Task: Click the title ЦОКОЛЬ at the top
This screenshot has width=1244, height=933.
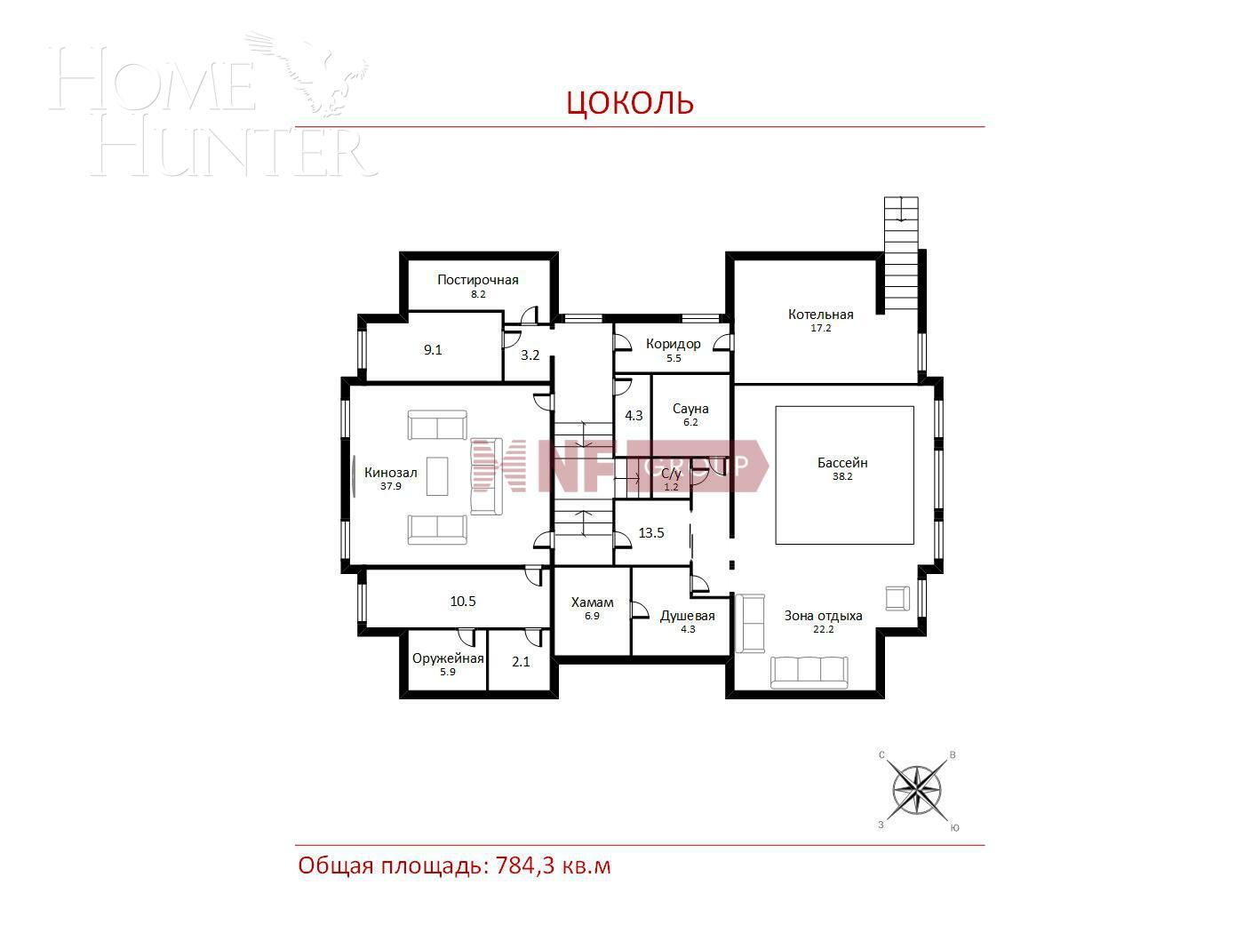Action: pyautogui.click(x=630, y=102)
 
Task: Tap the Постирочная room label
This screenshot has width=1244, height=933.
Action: pyautogui.click(x=477, y=280)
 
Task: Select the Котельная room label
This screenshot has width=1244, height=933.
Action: pyautogui.click(x=820, y=315)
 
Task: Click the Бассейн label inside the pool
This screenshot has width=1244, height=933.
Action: pyautogui.click(x=842, y=463)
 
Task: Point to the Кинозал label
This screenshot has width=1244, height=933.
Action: pyautogui.click(x=390, y=473)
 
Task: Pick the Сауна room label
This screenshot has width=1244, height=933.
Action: pyautogui.click(x=690, y=409)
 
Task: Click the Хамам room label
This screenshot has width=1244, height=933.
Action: pyautogui.click(x=592, y=602)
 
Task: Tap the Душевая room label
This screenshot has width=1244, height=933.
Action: pyautogui.click(x=687, y=616)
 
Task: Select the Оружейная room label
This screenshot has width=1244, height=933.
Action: pyautogui.click(x=448, y=658)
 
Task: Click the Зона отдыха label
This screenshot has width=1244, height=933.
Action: pyautogui.click(x=823, y=616)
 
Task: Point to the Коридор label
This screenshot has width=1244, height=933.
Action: pyautogui.click(x=673, y=344)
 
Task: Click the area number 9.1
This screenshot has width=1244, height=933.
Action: pyautogui.click(x=433, y=350)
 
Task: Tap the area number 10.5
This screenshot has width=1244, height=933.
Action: pyautogui.click(x=463, y=602)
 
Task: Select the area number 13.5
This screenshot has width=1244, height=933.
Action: pyautogui.click(x=651, y=533)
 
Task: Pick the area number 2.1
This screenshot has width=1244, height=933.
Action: pyautogui.click(x=521, y=661)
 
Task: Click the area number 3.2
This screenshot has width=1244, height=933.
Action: pyautogui.click(x=530, y=355)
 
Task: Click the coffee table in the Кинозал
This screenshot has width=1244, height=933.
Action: pyautogui.click(x=437, y=475)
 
